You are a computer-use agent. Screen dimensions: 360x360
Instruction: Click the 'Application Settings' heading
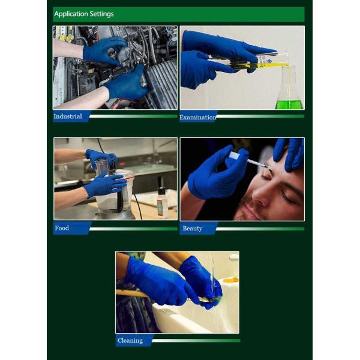point(84,14)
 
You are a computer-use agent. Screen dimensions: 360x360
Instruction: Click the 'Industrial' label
point(68,116)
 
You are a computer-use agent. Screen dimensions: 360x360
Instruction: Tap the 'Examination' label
point(197,118)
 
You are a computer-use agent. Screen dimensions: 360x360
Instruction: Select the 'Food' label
point(62,228)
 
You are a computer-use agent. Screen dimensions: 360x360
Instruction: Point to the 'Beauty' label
point(193,229)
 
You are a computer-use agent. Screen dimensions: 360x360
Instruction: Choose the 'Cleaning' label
point(130,340)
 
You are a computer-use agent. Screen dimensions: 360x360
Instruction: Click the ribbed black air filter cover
point(162,86)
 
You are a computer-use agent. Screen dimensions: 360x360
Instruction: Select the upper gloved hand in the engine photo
point(104,51)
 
